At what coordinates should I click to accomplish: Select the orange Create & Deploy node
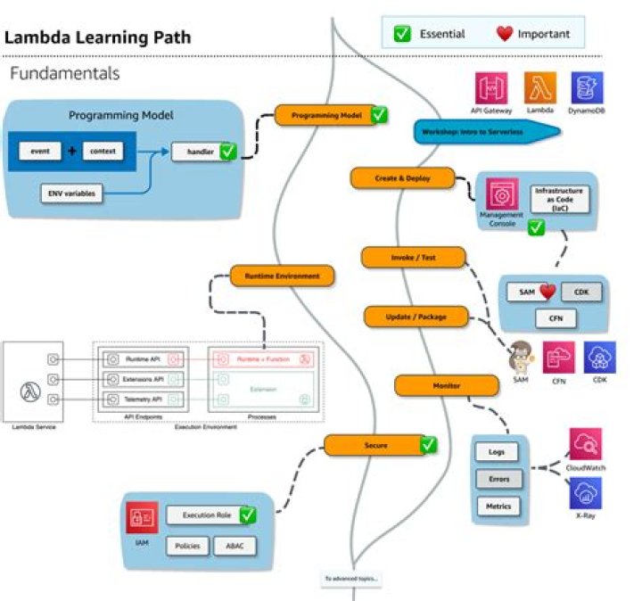pyautogui.click(x=402, y=178)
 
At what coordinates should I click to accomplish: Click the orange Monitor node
pyautogui.click(x=446, y=385)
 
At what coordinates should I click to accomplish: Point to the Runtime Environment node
pyautogui.click(x=283, y=276)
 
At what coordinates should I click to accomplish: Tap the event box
pyautogui.click(x=40, y=151)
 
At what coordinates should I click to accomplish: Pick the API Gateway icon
pyautogui.click(x=490, y=88)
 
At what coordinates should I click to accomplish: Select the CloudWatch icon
pyautogui.click(x=585, y=443)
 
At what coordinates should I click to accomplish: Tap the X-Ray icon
pyautogui.click(x=585, y=492)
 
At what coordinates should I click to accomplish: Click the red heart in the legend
pyautogui.click(x=506, y=34)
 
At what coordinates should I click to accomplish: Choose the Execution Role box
pyautogui.click(x=202, y=515)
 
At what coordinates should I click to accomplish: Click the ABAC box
pyautogui.click(x=235, y=546)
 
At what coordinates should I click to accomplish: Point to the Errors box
pyautogui.click(x=498, y=479)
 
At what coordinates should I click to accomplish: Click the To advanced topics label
pyautogui.click(x=352, y=579)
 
